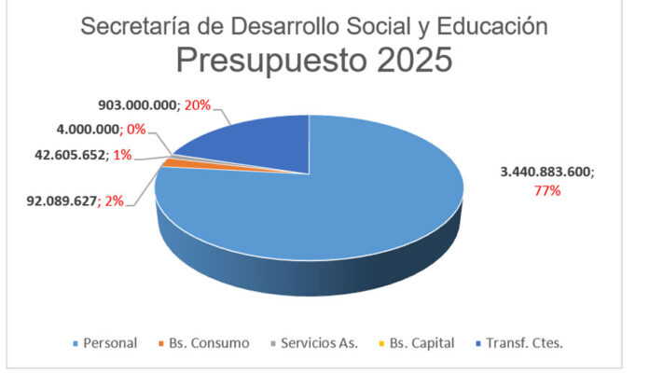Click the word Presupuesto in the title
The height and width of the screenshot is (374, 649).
(271, 61)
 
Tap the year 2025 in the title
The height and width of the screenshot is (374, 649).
(414, 60)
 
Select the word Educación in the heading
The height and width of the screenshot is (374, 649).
(492, 26)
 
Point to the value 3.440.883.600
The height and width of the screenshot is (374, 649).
(545, 172)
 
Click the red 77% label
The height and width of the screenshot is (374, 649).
(547, 190)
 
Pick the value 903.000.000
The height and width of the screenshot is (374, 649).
(137, 105)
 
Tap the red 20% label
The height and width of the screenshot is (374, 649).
(198, 105)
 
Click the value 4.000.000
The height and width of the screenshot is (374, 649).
(88, 130)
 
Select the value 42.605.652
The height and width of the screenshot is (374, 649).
(70, 155)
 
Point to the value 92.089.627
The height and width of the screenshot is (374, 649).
(62, 201)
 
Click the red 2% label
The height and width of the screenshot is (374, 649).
(115, 201)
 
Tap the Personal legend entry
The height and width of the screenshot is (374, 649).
(105, 343)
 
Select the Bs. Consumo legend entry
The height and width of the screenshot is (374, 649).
(204, 343)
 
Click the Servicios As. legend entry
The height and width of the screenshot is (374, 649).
(314, 343)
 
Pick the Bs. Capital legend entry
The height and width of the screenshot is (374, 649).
(417, 343)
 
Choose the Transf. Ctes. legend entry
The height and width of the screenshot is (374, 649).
(519, 343)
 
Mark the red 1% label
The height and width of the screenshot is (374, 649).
(122, 155)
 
